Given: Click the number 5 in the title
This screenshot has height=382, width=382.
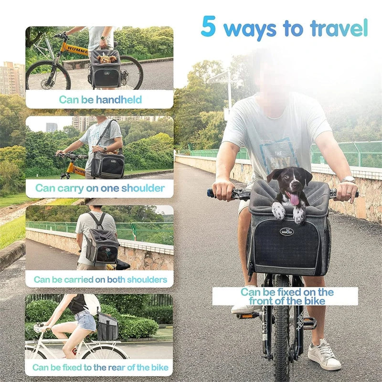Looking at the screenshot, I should pos(208,27).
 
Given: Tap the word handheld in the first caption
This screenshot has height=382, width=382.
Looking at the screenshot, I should pos(119,100).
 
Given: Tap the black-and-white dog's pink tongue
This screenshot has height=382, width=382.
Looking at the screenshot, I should pos(294,198).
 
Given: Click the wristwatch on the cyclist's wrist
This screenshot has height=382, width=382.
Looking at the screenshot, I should pos(349,180).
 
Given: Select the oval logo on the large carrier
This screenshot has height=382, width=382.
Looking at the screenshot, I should pos(287,232).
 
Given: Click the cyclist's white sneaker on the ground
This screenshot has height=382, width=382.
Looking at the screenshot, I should pos(324,355).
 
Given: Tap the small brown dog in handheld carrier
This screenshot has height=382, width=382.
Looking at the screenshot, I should pos(106,59).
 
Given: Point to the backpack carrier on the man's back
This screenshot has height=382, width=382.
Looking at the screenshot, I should pos(101,244).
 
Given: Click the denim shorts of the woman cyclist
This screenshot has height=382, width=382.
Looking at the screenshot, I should pos(85,320).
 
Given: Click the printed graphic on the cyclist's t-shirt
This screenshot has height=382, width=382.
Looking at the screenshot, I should pos(277,153).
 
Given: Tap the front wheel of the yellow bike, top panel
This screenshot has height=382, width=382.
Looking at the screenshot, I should pos(48,75).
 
